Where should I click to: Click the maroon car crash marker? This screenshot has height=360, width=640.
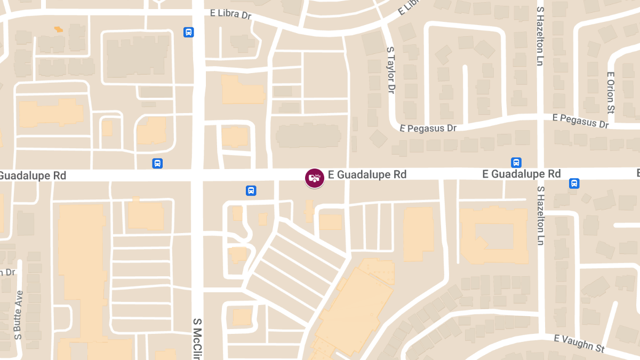315,178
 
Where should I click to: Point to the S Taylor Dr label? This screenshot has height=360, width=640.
391,69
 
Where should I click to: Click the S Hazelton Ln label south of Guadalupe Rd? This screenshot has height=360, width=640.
540,215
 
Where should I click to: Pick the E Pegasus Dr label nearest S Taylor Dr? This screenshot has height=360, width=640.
428,129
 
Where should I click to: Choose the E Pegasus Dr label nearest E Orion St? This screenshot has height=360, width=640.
580,121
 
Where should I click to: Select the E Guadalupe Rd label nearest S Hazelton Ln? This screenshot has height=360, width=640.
521,174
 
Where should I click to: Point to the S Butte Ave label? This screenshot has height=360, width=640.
19,315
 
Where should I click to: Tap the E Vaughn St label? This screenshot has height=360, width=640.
579,343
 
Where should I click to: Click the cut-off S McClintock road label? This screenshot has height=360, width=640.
197,338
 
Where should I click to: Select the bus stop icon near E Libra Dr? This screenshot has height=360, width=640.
188,32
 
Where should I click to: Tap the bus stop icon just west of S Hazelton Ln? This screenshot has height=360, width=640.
516,162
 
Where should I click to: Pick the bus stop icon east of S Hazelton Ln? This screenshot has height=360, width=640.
574,183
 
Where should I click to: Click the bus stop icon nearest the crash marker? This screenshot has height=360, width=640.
251,190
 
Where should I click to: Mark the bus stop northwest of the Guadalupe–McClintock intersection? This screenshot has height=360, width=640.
157,163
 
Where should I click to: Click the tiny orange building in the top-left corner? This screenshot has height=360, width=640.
58,29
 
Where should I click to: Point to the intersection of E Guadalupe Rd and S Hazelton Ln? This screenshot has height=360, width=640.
540,174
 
